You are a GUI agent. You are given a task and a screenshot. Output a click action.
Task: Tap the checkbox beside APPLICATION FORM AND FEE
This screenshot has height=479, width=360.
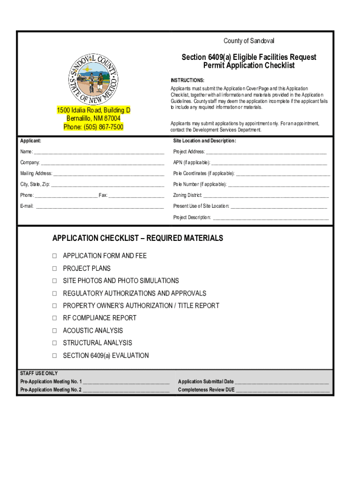pos(54,256)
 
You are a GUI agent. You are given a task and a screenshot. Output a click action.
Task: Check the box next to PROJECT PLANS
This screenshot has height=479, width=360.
pos(54,269)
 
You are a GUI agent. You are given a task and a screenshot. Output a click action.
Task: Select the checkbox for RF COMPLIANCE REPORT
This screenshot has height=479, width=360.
pos(54,318)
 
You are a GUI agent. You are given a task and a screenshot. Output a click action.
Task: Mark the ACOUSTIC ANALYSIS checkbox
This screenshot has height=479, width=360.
pos(54,331)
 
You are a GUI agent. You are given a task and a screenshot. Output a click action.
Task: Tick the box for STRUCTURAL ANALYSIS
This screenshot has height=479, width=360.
pos(54,343)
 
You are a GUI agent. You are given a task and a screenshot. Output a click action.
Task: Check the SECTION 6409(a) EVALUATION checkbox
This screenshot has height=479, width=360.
pos(54,356)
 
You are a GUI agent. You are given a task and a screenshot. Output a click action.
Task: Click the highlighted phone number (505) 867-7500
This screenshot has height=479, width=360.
pos(94,127)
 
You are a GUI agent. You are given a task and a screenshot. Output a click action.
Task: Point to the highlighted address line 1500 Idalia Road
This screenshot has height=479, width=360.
pos(94,110)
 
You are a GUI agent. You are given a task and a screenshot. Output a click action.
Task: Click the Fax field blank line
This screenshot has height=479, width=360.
pos(136,196)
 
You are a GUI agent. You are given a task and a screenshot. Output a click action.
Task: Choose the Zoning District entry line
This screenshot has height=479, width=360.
pos(266,196)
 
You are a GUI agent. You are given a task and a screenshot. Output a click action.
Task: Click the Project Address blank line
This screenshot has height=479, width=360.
pos(266,152)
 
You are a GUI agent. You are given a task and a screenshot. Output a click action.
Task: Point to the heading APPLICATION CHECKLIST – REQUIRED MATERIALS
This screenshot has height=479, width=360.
pos(137,238)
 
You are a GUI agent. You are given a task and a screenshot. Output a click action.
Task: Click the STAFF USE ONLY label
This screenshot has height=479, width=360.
pos(39,373)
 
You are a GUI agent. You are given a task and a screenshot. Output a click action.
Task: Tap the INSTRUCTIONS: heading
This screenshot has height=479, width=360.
pos(187,80)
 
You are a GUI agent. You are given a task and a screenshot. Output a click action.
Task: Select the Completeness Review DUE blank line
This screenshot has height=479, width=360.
pos(282,390)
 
